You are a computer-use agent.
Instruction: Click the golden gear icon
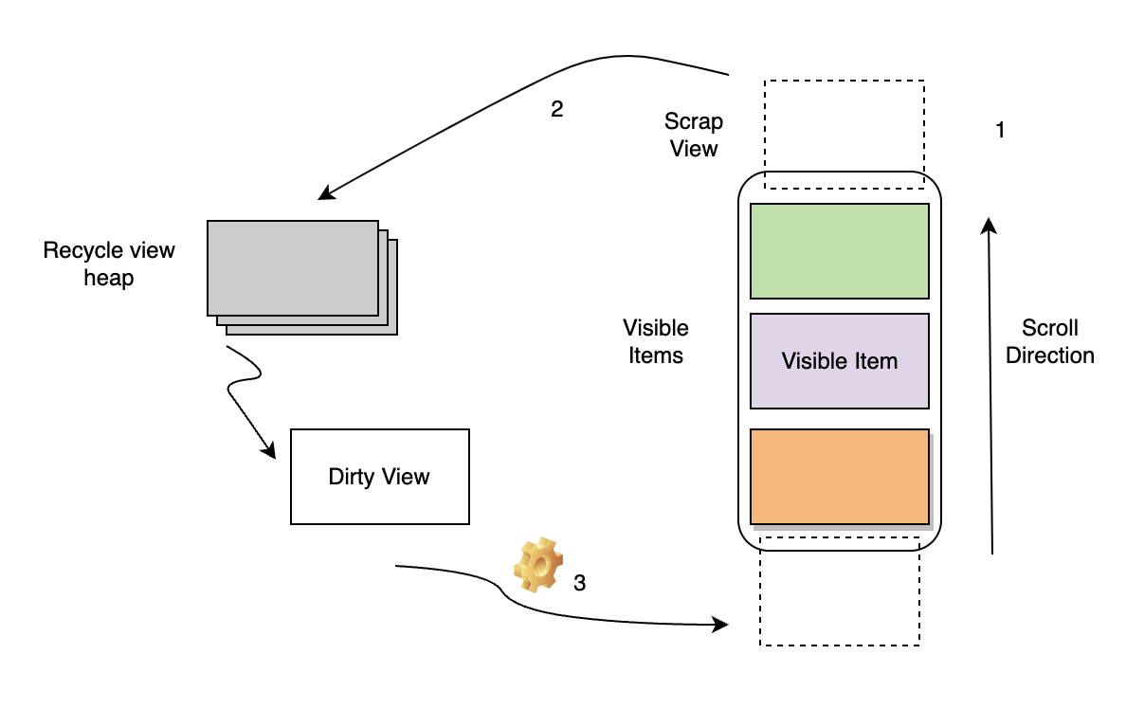click(x=538, y=565)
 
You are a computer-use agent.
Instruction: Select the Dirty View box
click(x=379, y=476)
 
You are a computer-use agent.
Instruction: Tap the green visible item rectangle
click(x=839, y=251)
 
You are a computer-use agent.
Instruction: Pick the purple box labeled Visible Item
click(x=839, y=361)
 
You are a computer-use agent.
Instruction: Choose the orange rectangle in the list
click(x=839, y=476)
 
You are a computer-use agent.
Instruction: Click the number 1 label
click(x=999, y=131)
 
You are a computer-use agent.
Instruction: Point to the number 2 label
click(x=556, y=109)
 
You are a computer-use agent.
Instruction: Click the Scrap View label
click(x=694, y=135)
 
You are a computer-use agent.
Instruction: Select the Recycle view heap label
click(x=109, y=264)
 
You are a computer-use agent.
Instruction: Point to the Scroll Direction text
click(x=1050, y=341)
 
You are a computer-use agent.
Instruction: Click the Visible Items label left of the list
click(x=656, y=341)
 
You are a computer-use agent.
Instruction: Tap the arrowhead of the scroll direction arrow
click(x=988, y=225)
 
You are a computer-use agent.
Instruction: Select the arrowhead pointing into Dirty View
click(x=269, y=451)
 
